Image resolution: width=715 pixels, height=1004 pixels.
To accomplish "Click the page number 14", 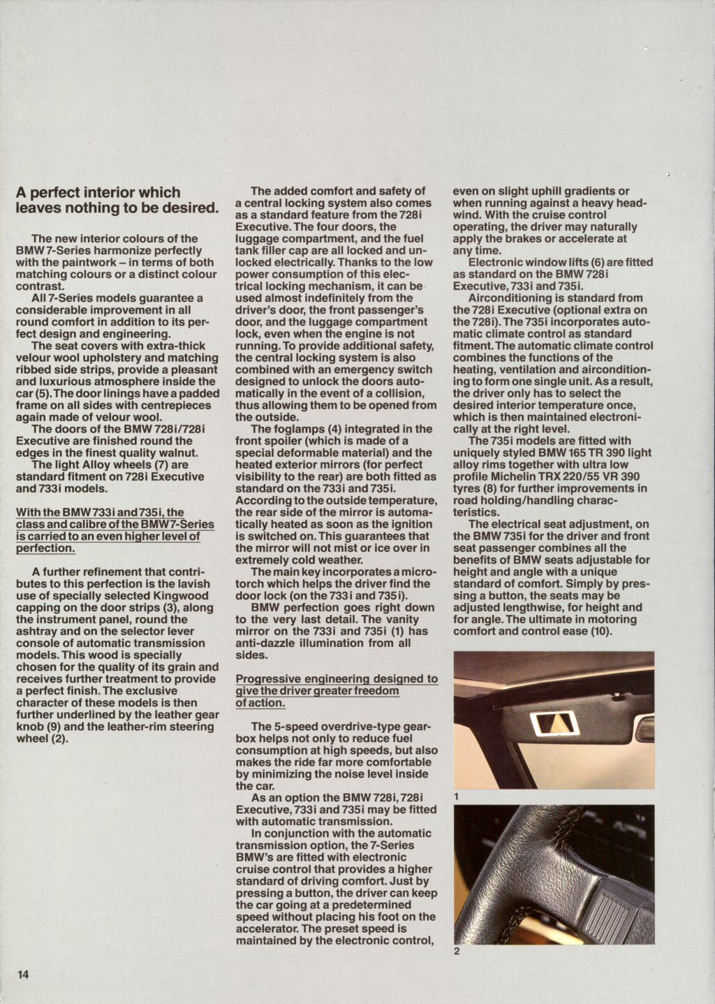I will (x=23, y=975).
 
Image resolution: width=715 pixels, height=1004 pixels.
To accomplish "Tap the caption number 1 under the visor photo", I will (x=456, y=796).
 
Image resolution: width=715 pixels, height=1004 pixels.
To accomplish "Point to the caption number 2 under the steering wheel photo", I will (x=457, y=950).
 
